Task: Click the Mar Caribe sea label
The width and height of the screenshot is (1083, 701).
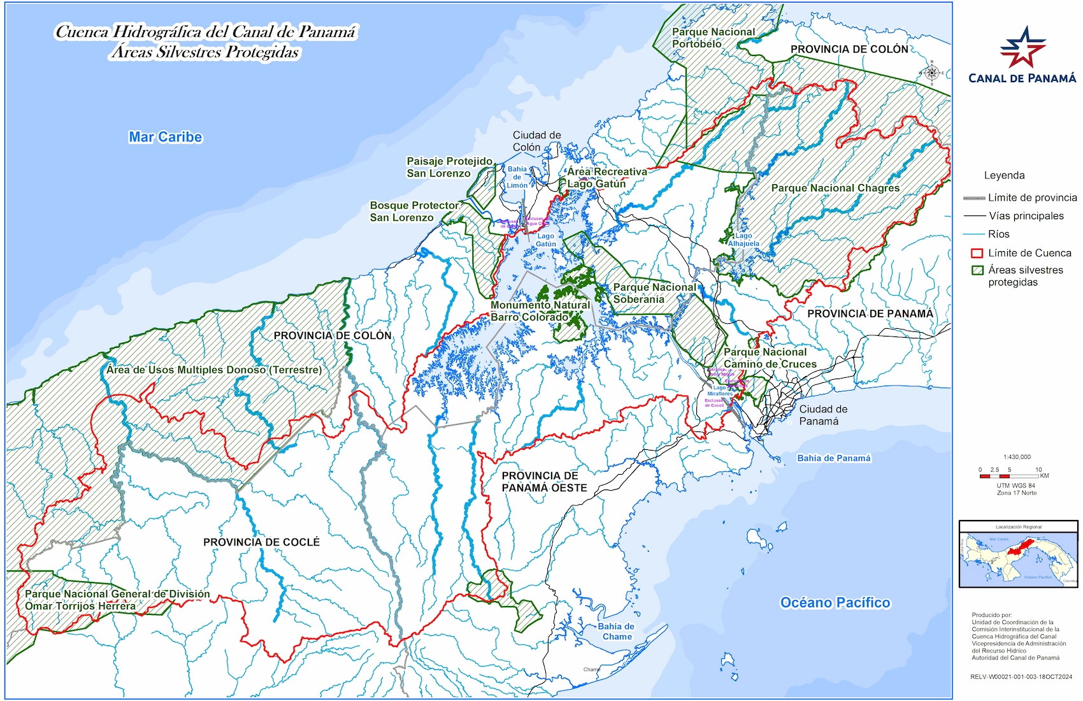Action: [165, 137]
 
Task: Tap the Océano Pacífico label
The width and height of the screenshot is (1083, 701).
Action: [835, 602]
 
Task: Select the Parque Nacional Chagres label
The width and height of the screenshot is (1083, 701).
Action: [835, 188]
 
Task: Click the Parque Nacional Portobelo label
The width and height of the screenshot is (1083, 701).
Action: [713, 38]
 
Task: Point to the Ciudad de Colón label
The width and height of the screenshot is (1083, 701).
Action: [536, 141]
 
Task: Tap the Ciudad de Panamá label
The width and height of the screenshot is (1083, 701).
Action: [822, 415]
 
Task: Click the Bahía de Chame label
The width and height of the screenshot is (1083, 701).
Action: [617, 631]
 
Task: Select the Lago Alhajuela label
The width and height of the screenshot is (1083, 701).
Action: [743, 240]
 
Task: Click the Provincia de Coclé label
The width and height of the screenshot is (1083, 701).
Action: [261, 542]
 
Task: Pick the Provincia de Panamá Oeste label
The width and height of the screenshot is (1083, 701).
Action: [544, 481]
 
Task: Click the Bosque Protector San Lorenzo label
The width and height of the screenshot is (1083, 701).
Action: [413, 212]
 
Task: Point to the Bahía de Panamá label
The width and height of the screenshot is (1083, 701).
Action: [833, 458]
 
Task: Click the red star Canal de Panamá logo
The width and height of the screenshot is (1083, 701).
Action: [1022, 48]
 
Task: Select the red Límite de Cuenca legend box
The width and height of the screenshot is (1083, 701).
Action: [977, 253]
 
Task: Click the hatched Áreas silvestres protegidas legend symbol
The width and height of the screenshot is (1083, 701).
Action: [977, 270]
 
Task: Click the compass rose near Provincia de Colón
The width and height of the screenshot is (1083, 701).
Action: [931, 73]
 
